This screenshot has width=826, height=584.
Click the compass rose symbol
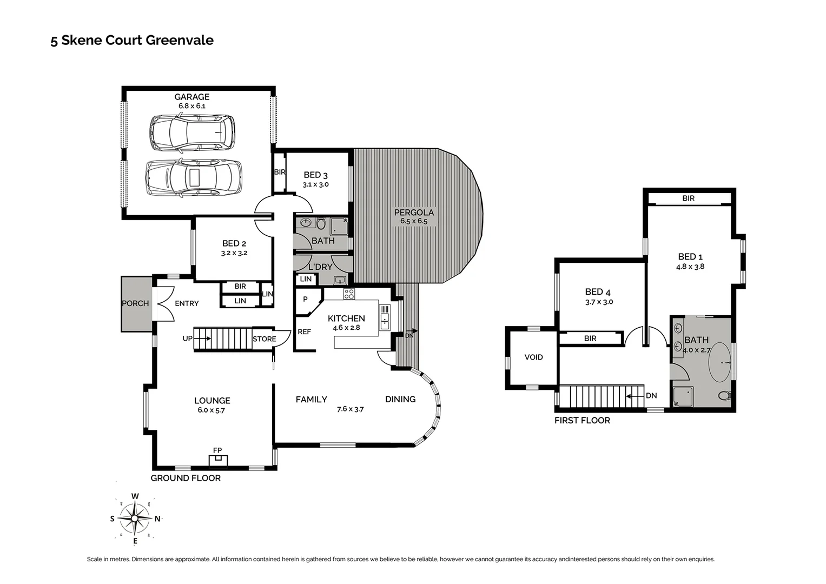click(135, 519)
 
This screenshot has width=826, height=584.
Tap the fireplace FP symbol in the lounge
click(218, 459)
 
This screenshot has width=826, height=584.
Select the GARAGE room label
click(191, 97)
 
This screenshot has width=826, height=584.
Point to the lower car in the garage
click(193, 177)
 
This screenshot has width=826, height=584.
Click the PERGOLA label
click(414, 213)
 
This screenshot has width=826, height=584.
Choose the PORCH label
click(135, 303)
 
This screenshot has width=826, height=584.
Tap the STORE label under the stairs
click(264, 339)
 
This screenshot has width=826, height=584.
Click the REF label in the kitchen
click(304, 331)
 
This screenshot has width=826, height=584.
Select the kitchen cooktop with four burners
click(349, 294)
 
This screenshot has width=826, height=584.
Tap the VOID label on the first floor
click(533, 357)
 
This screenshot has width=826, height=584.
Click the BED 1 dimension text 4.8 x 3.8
click(690, 267)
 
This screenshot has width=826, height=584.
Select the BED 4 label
click(598, 292)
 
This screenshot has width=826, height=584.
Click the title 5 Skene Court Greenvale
click(132, 41)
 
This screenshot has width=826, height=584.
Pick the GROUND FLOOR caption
click(186, 478)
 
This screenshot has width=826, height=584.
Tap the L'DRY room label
click(320, 267)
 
